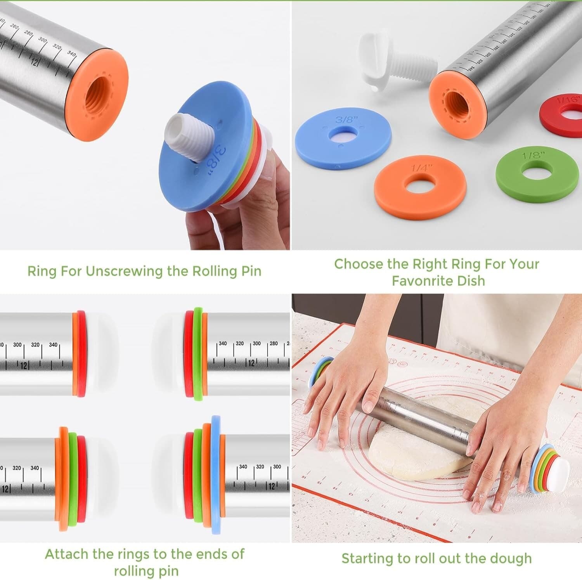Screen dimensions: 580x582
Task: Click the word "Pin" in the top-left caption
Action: (251, 271)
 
